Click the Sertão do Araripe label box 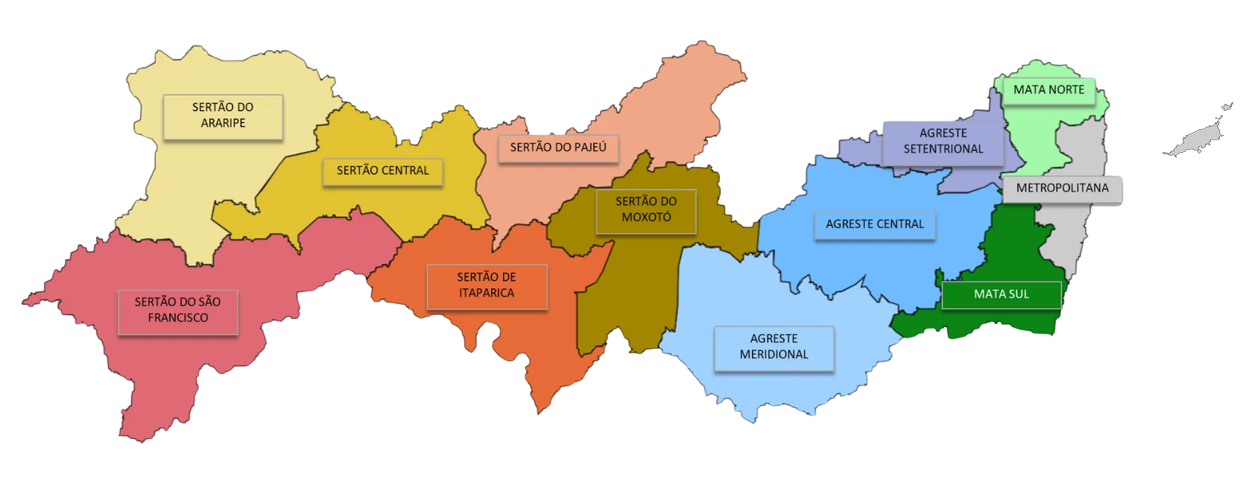point(223,116)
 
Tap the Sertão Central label point(382,171)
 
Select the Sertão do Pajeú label point(557,148)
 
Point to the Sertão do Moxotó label point(646,210)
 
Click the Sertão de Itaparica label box point(486,285)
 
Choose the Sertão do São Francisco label point(177,311)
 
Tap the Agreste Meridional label point(774,347)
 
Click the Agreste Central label point(874,224)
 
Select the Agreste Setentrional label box point(943,141)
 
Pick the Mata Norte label point(1049,89)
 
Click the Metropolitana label point(1063,188)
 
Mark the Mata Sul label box point(1001,294)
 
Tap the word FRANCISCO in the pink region point(177,318)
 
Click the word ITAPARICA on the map point(486,293)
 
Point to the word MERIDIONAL point(774,355)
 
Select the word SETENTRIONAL point(943,149)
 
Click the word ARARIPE point(223,123)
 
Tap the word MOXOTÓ point(646,218)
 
